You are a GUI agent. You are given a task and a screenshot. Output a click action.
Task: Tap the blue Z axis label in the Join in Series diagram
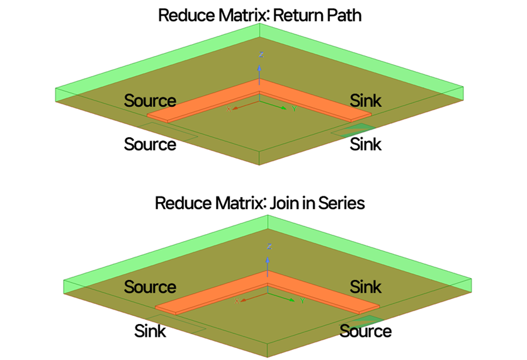(x=268, y=245)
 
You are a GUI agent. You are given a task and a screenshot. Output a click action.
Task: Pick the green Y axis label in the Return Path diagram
(x=294, y=108)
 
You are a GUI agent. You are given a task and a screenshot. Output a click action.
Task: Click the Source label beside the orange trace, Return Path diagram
(x=150, y=100)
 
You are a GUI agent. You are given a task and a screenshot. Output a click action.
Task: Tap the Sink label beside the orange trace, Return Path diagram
(x=365, y=100)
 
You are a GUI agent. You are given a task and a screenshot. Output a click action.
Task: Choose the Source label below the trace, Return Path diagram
(x=150, y=144)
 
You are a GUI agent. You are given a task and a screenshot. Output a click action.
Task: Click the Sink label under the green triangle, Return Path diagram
(x=365, y=144)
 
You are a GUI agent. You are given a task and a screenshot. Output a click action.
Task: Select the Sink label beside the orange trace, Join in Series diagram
(x=365, y=287)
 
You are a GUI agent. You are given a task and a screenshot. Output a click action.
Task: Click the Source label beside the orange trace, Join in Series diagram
(x=150, y=287)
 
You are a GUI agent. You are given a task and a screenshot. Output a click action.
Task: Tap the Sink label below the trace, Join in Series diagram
(x=150, y=330)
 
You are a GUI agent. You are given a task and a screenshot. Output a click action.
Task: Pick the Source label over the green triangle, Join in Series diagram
(x=365, y=330)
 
